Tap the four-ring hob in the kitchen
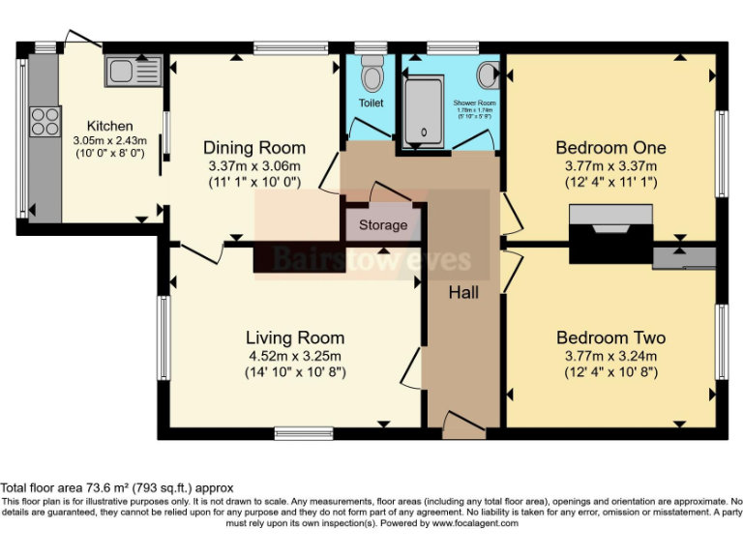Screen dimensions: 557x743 [x=45, y=121]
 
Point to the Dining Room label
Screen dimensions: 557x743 [x=253, y=148]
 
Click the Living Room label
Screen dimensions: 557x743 [x=294, y=337]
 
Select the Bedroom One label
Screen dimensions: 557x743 [x=610, y=148]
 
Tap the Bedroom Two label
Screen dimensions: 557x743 [x=610, y=337]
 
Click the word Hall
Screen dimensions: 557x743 [x=463, y=291]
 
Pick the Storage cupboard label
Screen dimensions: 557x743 [x=383, y=225]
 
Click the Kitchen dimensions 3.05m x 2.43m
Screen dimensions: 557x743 [x=109, y=140]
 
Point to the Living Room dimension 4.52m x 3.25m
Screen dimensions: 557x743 [x=294, y=355]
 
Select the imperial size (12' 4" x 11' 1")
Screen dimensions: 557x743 [x=610, y=181]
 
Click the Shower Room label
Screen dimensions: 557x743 [x=474, y=103]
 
